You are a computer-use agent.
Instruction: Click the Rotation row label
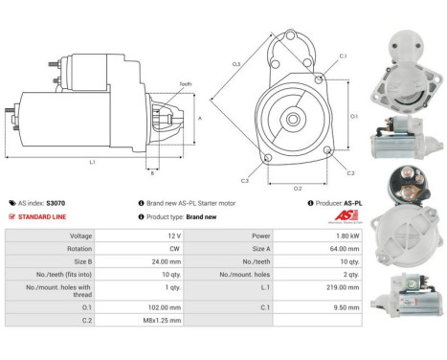80,247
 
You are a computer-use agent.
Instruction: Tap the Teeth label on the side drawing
185,83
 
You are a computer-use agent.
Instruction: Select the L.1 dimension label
92,162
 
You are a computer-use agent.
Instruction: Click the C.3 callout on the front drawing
245,180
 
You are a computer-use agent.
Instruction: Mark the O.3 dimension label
235,64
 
